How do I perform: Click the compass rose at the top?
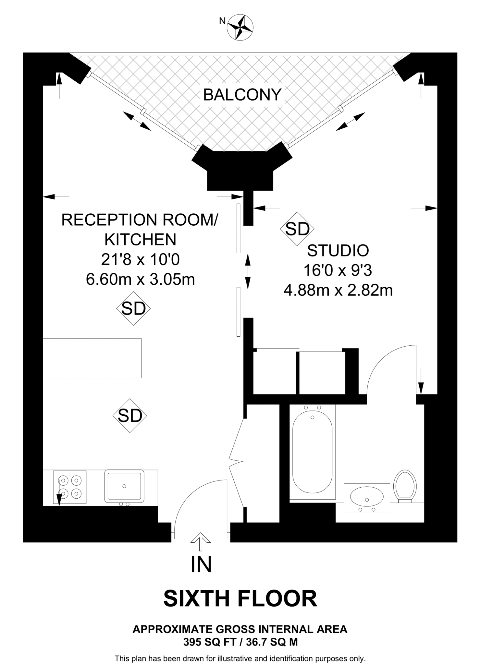[x=240, y=27]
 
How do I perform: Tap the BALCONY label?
[x=242, y=95]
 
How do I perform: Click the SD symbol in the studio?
[x=297, y=229]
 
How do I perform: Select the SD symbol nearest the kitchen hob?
[x=130, y=415]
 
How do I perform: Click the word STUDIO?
[x=338, y=251]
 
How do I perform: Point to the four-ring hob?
[x=70, y=487]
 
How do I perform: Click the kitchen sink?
[x=124, y=486]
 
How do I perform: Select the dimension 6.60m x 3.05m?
[x=140, y=279]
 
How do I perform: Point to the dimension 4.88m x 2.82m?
[x=338, y=290]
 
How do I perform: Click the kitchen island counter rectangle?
[x=92, y=358]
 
